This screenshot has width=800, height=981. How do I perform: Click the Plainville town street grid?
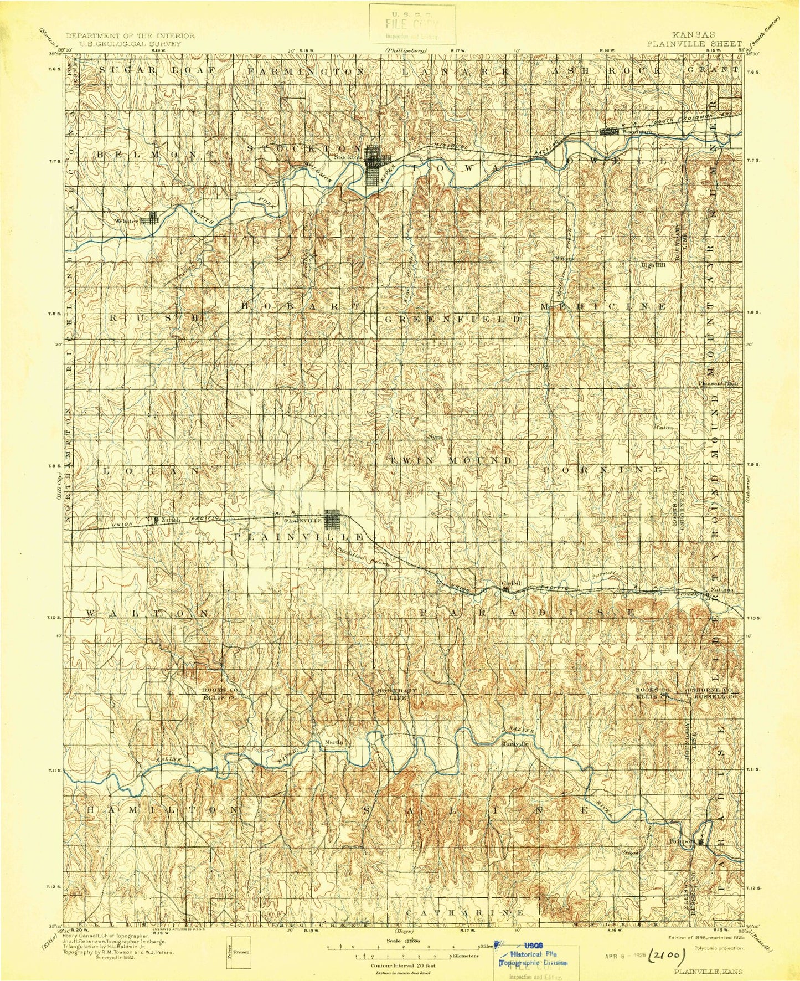(332, 520)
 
